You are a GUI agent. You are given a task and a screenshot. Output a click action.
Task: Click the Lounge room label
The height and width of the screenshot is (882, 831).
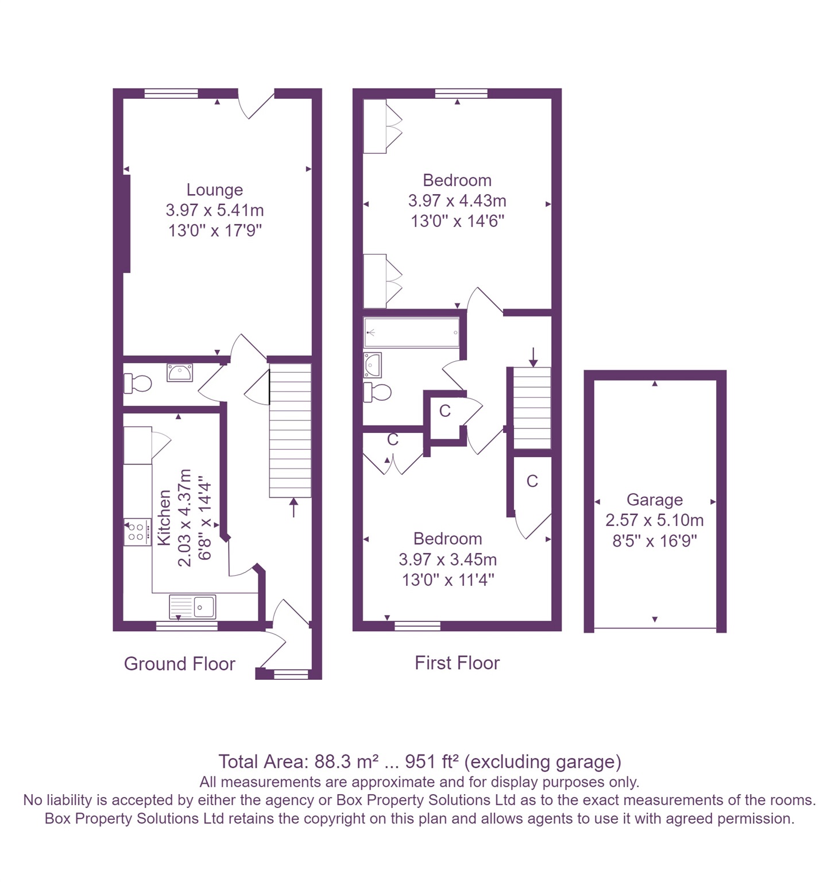214,190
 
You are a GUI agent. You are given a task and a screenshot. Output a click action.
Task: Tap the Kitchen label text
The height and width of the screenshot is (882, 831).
165,517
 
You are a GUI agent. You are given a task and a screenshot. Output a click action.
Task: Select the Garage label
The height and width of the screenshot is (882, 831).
654,500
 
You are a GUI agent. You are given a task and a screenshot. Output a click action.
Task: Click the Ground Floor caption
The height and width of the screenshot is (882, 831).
180,664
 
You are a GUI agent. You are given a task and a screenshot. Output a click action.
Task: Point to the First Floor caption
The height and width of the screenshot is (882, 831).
457,663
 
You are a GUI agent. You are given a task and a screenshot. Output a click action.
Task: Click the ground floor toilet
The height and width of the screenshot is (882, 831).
138,383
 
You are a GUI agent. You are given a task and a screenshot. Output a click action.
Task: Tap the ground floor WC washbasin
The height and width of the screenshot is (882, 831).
180,372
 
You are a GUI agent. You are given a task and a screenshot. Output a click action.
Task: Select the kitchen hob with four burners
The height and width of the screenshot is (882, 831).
137,532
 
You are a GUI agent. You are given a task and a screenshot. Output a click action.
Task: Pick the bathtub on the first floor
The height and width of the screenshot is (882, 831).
412,332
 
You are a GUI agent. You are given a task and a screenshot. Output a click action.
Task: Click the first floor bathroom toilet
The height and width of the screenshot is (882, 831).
378,393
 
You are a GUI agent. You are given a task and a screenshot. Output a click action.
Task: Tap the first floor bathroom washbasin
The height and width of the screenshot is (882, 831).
372,365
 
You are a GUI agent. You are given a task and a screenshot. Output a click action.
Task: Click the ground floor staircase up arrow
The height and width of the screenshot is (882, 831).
293,507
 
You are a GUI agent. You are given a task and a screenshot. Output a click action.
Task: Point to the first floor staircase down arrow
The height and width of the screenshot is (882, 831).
534,357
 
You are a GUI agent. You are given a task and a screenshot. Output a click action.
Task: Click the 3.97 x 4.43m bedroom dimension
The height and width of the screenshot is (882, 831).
457,201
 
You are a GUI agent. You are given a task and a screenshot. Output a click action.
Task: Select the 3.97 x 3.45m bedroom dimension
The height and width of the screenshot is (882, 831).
447,559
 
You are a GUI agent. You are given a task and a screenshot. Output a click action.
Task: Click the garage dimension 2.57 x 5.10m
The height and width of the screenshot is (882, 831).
654,520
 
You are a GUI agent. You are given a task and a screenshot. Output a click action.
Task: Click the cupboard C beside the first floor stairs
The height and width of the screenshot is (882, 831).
532,481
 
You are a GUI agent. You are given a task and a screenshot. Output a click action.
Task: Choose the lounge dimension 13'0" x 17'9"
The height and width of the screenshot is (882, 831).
215,231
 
